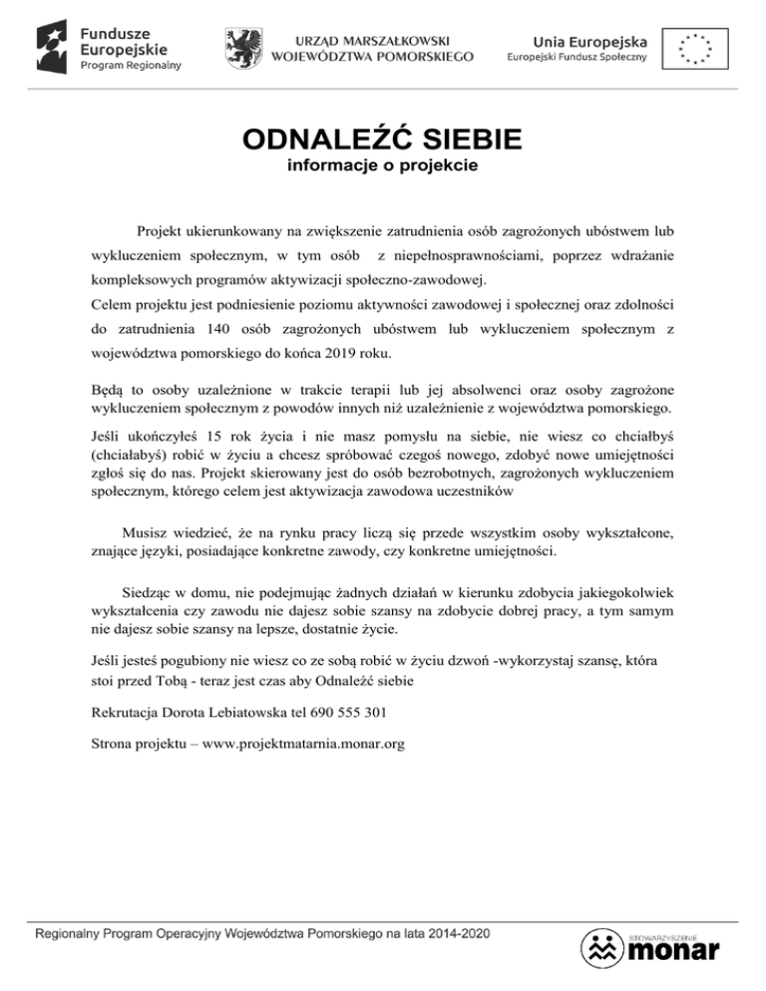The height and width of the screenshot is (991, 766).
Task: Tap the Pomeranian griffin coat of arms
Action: pyautogui.click(x=243, y=45)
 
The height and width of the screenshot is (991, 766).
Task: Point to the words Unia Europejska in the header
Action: pyautogui.click(x=589, y=40)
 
